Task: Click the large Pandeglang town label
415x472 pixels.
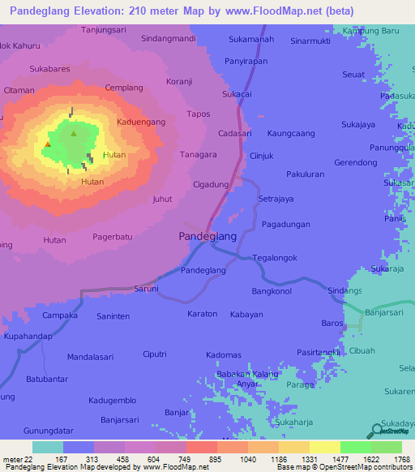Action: point(207,237)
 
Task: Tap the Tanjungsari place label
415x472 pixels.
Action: point(104,29)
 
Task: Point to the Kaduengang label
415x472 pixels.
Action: point(141,122)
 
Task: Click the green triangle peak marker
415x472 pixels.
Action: point(74,134)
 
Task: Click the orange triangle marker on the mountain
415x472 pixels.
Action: point(48,144)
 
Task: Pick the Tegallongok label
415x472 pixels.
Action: point(275,258)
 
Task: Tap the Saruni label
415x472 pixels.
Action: point(146,288)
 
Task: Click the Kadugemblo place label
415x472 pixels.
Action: point(113,401)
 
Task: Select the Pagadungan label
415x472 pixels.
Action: point(286,224)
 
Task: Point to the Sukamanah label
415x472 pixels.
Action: point(251,38)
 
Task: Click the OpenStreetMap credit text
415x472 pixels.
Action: point(341,467)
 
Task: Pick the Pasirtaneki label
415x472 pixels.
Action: point(317,351)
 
